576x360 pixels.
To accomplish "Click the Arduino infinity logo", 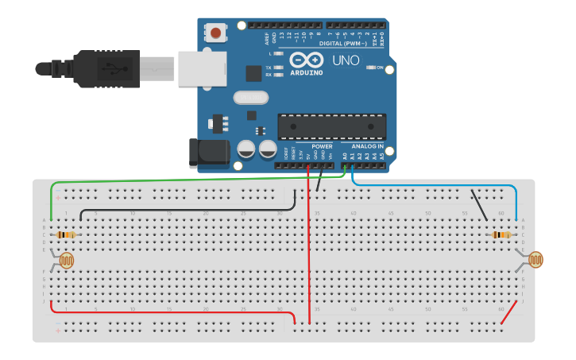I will pyautogui.click(x=306, y=60).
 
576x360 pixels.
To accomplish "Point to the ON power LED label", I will pyautogui.click(x=381, y=68).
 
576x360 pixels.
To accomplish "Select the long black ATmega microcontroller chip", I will pyautogui.click(x=331, y=126).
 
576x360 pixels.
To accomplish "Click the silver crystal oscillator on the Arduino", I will pyautogui.click(x=251, y=98).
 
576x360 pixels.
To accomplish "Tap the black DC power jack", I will pyautogui.click(x=208, y=153).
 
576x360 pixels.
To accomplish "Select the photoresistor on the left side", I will pyautogui.click(x=67, y=261).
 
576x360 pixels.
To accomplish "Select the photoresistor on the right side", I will pyautogui.click(x=536, y=259).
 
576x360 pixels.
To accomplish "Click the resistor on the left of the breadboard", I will pyautogui.click(x=66, y=234).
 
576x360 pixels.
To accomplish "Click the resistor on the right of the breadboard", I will pyautogui.click(x=501, y=234).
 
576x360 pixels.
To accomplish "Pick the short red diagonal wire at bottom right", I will pyautogui.click(x=507, y=313).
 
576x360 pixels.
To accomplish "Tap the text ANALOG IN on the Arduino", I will pyautogui.click(x=368, y=146).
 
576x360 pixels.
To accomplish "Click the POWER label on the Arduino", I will pyautogui.click(x=323, y=146).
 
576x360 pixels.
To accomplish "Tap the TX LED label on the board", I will pyautogui.click(x=269, y=68).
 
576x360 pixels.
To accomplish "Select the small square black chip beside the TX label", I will pyautogui.click(x=253, y=73).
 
